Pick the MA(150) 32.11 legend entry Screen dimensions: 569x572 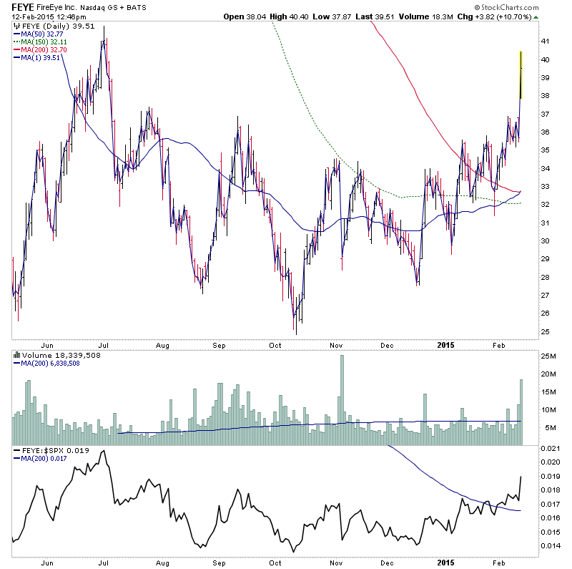(x=42, y=42)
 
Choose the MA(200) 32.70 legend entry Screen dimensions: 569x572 (x=42, y=50)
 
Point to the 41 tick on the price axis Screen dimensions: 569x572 (x=545, y=42)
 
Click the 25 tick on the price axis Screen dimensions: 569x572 (x=545, y=332)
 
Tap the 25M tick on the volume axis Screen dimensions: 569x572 (x=548, y=356)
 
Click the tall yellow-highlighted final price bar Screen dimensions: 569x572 (x=521, y=75)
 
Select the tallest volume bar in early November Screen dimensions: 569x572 (x=342, y=394)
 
